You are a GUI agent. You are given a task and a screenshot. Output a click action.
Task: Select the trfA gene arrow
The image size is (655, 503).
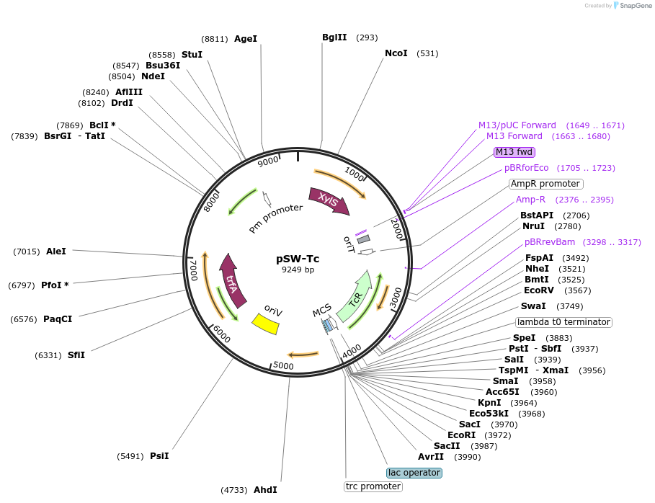click(232, 280)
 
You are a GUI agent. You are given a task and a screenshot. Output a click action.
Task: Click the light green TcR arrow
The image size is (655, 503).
click(355, 296)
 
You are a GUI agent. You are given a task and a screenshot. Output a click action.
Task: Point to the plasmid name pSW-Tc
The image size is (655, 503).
click(298, 259)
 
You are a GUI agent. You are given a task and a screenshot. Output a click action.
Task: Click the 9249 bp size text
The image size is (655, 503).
click(298, 270)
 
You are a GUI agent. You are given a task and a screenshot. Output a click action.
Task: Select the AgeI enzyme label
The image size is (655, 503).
click(246, 39)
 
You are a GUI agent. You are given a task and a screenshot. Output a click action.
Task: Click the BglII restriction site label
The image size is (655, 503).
click(334, 37)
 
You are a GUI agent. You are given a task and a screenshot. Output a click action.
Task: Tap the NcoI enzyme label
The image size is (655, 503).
click(396, 53)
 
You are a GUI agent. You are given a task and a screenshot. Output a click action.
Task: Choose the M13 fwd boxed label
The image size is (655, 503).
click(514, 152)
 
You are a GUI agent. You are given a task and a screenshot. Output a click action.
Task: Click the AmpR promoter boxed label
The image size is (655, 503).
click(545, 184)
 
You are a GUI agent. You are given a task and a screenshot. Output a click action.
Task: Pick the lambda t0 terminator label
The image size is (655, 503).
click(563, 322)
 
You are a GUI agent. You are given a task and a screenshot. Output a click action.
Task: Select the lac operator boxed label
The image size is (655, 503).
click(414, 473)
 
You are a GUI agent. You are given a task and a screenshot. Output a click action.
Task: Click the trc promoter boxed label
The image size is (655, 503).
click(373, 486)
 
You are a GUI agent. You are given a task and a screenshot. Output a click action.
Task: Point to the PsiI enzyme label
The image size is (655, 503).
click(159, 456)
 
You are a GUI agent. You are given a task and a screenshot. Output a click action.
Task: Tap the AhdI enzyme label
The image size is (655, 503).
click(265, 490)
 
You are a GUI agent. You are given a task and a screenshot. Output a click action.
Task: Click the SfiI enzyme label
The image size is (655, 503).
click(76, 355)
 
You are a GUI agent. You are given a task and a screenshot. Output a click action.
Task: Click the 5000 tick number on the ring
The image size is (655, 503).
click(284, 365)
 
